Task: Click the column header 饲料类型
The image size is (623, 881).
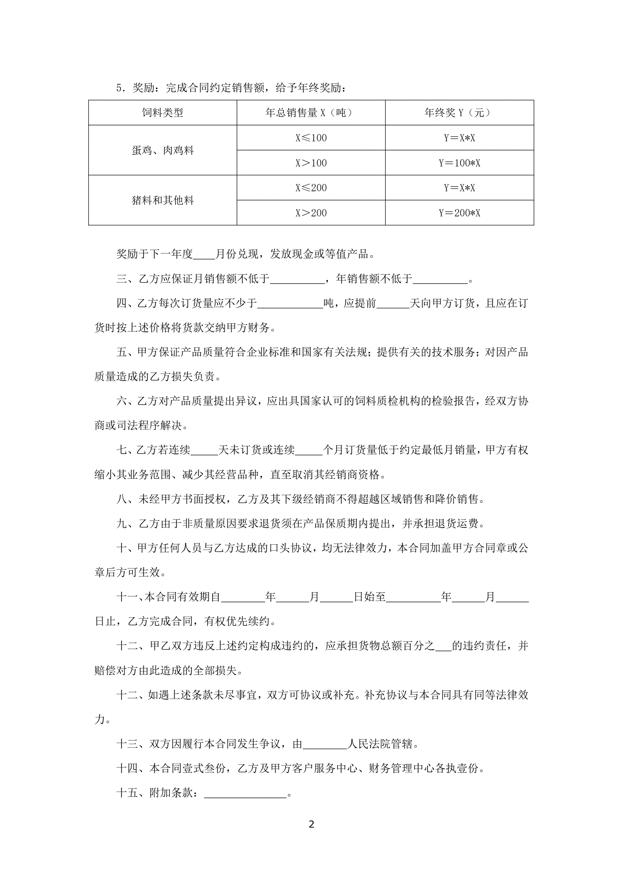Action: pyautogui.click(x=162, y=112)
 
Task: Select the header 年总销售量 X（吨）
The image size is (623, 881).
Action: pyautogui.click(x=311, y=112)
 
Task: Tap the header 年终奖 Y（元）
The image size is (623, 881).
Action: pyautogui.click(x=459, y=112)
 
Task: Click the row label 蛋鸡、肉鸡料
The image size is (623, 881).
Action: pyautogui.click(x=162, y=150)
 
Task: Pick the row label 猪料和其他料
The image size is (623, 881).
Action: pyautogui.click(x=162, y=200)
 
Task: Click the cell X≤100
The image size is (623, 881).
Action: pyautogui.click(x=311, y=138)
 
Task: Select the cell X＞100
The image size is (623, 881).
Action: pyautogui.click(x=311, y=163)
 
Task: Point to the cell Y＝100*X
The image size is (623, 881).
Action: pyautogui.click(x=459, y=163)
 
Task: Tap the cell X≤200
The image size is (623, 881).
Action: pyautogui.click(x=311, y=188)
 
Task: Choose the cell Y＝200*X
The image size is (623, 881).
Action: pyautogui.click(x=459, y=213)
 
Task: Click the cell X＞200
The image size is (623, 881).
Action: pyautogui.click(x=311, y=213)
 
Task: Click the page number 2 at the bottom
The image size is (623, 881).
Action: pyautogui.click(x=311, y=824)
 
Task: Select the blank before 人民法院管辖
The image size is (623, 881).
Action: pyautogui.click(x=325, y=744)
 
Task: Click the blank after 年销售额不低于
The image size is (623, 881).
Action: pyautogui.click(x=440, y=279)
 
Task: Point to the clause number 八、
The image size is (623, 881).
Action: pyautogui.click(x=127, y=499)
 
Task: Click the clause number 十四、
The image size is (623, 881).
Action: pyautogui.click(x=132, y=768)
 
